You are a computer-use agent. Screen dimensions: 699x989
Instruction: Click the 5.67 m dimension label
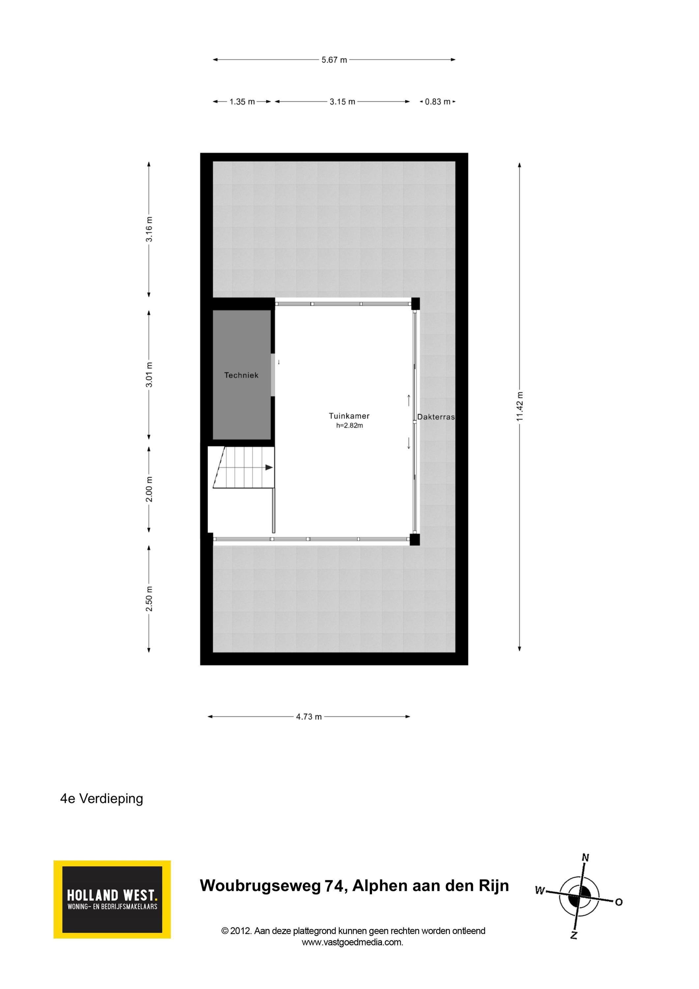(334, 60)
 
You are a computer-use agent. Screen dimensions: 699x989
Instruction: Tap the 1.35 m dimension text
(242, 102)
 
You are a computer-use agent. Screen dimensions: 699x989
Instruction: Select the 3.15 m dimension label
(342, 102)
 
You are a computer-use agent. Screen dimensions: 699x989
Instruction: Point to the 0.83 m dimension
(438, 102)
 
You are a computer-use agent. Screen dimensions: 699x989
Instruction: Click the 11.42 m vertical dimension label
(520, 406)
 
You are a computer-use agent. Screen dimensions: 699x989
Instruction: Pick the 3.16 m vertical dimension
(149, 229)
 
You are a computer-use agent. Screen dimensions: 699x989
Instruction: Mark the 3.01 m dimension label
(149, 374)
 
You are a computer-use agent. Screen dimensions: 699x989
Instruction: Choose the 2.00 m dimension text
(149, 489)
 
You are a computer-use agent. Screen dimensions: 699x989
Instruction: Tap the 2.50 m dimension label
(149, 599)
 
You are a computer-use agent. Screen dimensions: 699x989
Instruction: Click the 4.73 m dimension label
(309, 717)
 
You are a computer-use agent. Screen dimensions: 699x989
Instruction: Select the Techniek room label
(241, 375)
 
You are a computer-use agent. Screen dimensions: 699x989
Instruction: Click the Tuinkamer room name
(349, 416)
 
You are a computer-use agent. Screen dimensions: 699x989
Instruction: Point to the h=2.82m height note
(350, 426)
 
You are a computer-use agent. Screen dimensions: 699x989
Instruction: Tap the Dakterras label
(436, 417)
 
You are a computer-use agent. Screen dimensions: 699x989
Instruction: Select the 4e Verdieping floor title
(102, 798)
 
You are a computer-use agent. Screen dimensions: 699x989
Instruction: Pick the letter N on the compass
(585, 857)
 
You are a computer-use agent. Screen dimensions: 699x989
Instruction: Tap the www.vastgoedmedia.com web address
(352, 942)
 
